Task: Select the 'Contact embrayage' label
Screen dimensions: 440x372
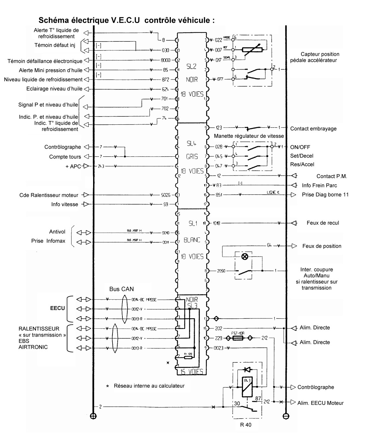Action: [313, 129]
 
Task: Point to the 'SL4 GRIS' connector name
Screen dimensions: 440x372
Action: [192, 150]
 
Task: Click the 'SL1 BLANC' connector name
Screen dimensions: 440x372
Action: [192, 232]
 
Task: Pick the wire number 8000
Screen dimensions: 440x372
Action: [166, 60]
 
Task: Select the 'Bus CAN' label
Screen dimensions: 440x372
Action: [121, 289]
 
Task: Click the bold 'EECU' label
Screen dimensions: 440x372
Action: [58, 308]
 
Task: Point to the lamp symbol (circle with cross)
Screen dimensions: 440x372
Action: [245, 256]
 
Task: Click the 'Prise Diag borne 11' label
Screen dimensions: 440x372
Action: [325, 195]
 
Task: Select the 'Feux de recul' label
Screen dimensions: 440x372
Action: [323, 223]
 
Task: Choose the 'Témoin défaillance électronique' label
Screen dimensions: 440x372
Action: [45, 61]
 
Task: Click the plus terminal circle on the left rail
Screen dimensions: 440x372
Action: [93, 416]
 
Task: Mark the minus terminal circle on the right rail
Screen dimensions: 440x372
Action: [286, 416]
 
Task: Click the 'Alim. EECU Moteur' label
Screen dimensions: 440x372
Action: [320, 403]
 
